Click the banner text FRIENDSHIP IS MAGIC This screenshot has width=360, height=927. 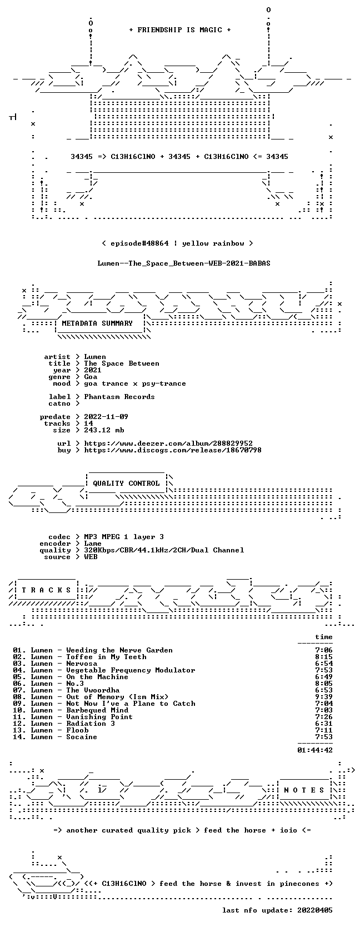click(x=180, y=30)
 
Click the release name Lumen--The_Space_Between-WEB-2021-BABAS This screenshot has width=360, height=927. click(x=184, y=263)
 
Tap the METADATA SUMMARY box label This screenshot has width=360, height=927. click(x=97, y=323)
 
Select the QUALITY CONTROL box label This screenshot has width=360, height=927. click(x=126, y=484)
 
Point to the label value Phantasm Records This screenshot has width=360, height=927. click(x=119, y=397)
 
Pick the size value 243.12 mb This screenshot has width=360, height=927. click(x=104, y=430)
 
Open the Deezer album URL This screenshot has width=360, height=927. click(x=168, y=443)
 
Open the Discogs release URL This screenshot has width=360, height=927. click(x=173, y=450)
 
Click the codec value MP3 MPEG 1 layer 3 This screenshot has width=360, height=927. click(x=124, y=537)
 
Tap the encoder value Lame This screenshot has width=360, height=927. click(x=93, y=544)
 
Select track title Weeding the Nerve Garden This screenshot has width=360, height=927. click(x=119, y=650)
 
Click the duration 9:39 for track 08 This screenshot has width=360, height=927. click(x=323, y=696)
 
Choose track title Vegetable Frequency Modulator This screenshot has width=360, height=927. click(x=131, y=670)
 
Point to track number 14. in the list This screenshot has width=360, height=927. click(x=19, y=736)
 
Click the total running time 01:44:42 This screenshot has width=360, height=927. click(x=315, y=750)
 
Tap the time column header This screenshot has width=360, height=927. click(x=323, y=637)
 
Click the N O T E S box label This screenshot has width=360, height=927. click(x=304, y=790)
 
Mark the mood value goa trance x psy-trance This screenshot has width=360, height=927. click(x=135, y=383)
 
